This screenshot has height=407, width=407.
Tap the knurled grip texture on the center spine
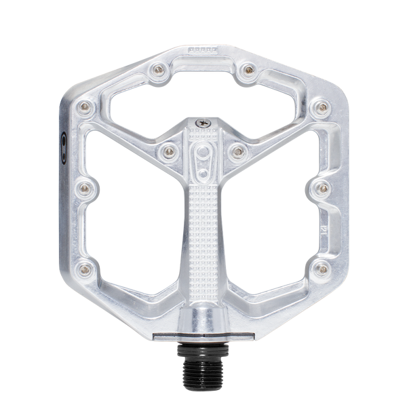click(x=203, y=224)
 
